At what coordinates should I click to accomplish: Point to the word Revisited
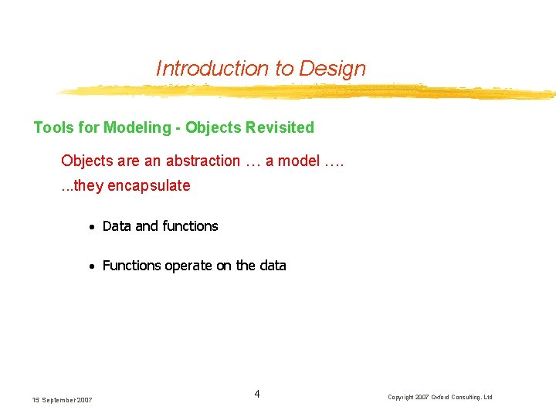click(x=278, y=127)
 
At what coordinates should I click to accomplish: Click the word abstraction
click(x=202, y=161)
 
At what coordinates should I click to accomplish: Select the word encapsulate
click(x=150, y=186)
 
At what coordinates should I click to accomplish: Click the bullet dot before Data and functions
click(x=91, y=227)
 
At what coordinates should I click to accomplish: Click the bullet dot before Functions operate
click(x=91, y=266)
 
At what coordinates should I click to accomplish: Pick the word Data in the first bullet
click(x=117, y=226)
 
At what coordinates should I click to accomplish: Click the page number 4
click(x=257, y=395)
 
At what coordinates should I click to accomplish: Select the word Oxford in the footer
click(x=449, y=398)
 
